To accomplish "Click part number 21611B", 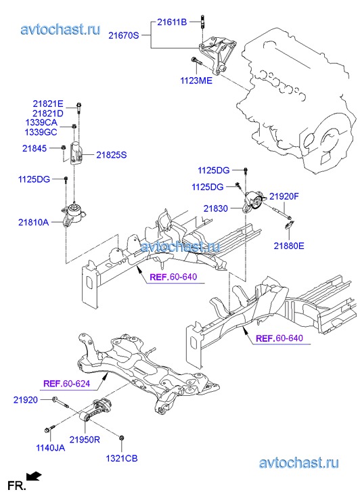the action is [x=172, y=22].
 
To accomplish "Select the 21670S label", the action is [x=123, y=35].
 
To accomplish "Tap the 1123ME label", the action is [x=196, y=81].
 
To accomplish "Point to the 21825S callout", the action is [x=112, y=155].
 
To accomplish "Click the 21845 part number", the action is [x=35, y=148].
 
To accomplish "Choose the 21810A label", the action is [x=34, y=223].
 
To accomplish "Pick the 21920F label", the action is [x=284, y=197].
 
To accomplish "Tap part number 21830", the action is [x=216, y=208].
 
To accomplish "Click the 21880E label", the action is [x=289, y=246].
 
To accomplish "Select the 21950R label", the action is [x=85, y=440].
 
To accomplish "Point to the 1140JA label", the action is [x=51, y=448].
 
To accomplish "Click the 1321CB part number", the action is [x=122, y=458].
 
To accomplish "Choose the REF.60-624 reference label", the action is [x=66, y=384].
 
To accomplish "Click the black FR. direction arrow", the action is [x=34, y=476].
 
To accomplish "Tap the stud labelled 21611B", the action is [x=202, y=22].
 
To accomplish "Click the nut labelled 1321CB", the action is [x=121, y=438].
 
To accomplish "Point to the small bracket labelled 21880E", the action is [x=289, y=224].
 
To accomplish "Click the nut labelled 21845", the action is [x=63, y=148].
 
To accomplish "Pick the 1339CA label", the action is [x=41, y=122].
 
